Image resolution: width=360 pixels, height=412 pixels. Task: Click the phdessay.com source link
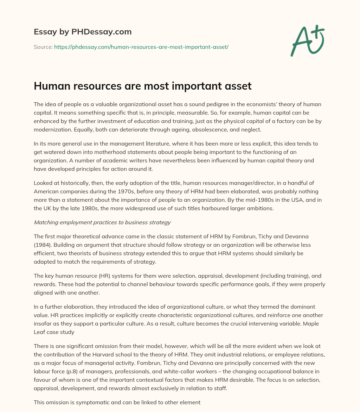click(x=141, y=47)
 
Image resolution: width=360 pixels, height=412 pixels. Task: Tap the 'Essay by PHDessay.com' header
click(x=83, y=32)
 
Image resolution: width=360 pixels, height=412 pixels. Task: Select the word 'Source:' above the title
click(x=43, y=47)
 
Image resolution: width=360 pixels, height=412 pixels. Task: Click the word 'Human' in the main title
click(x=51, y=86)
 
